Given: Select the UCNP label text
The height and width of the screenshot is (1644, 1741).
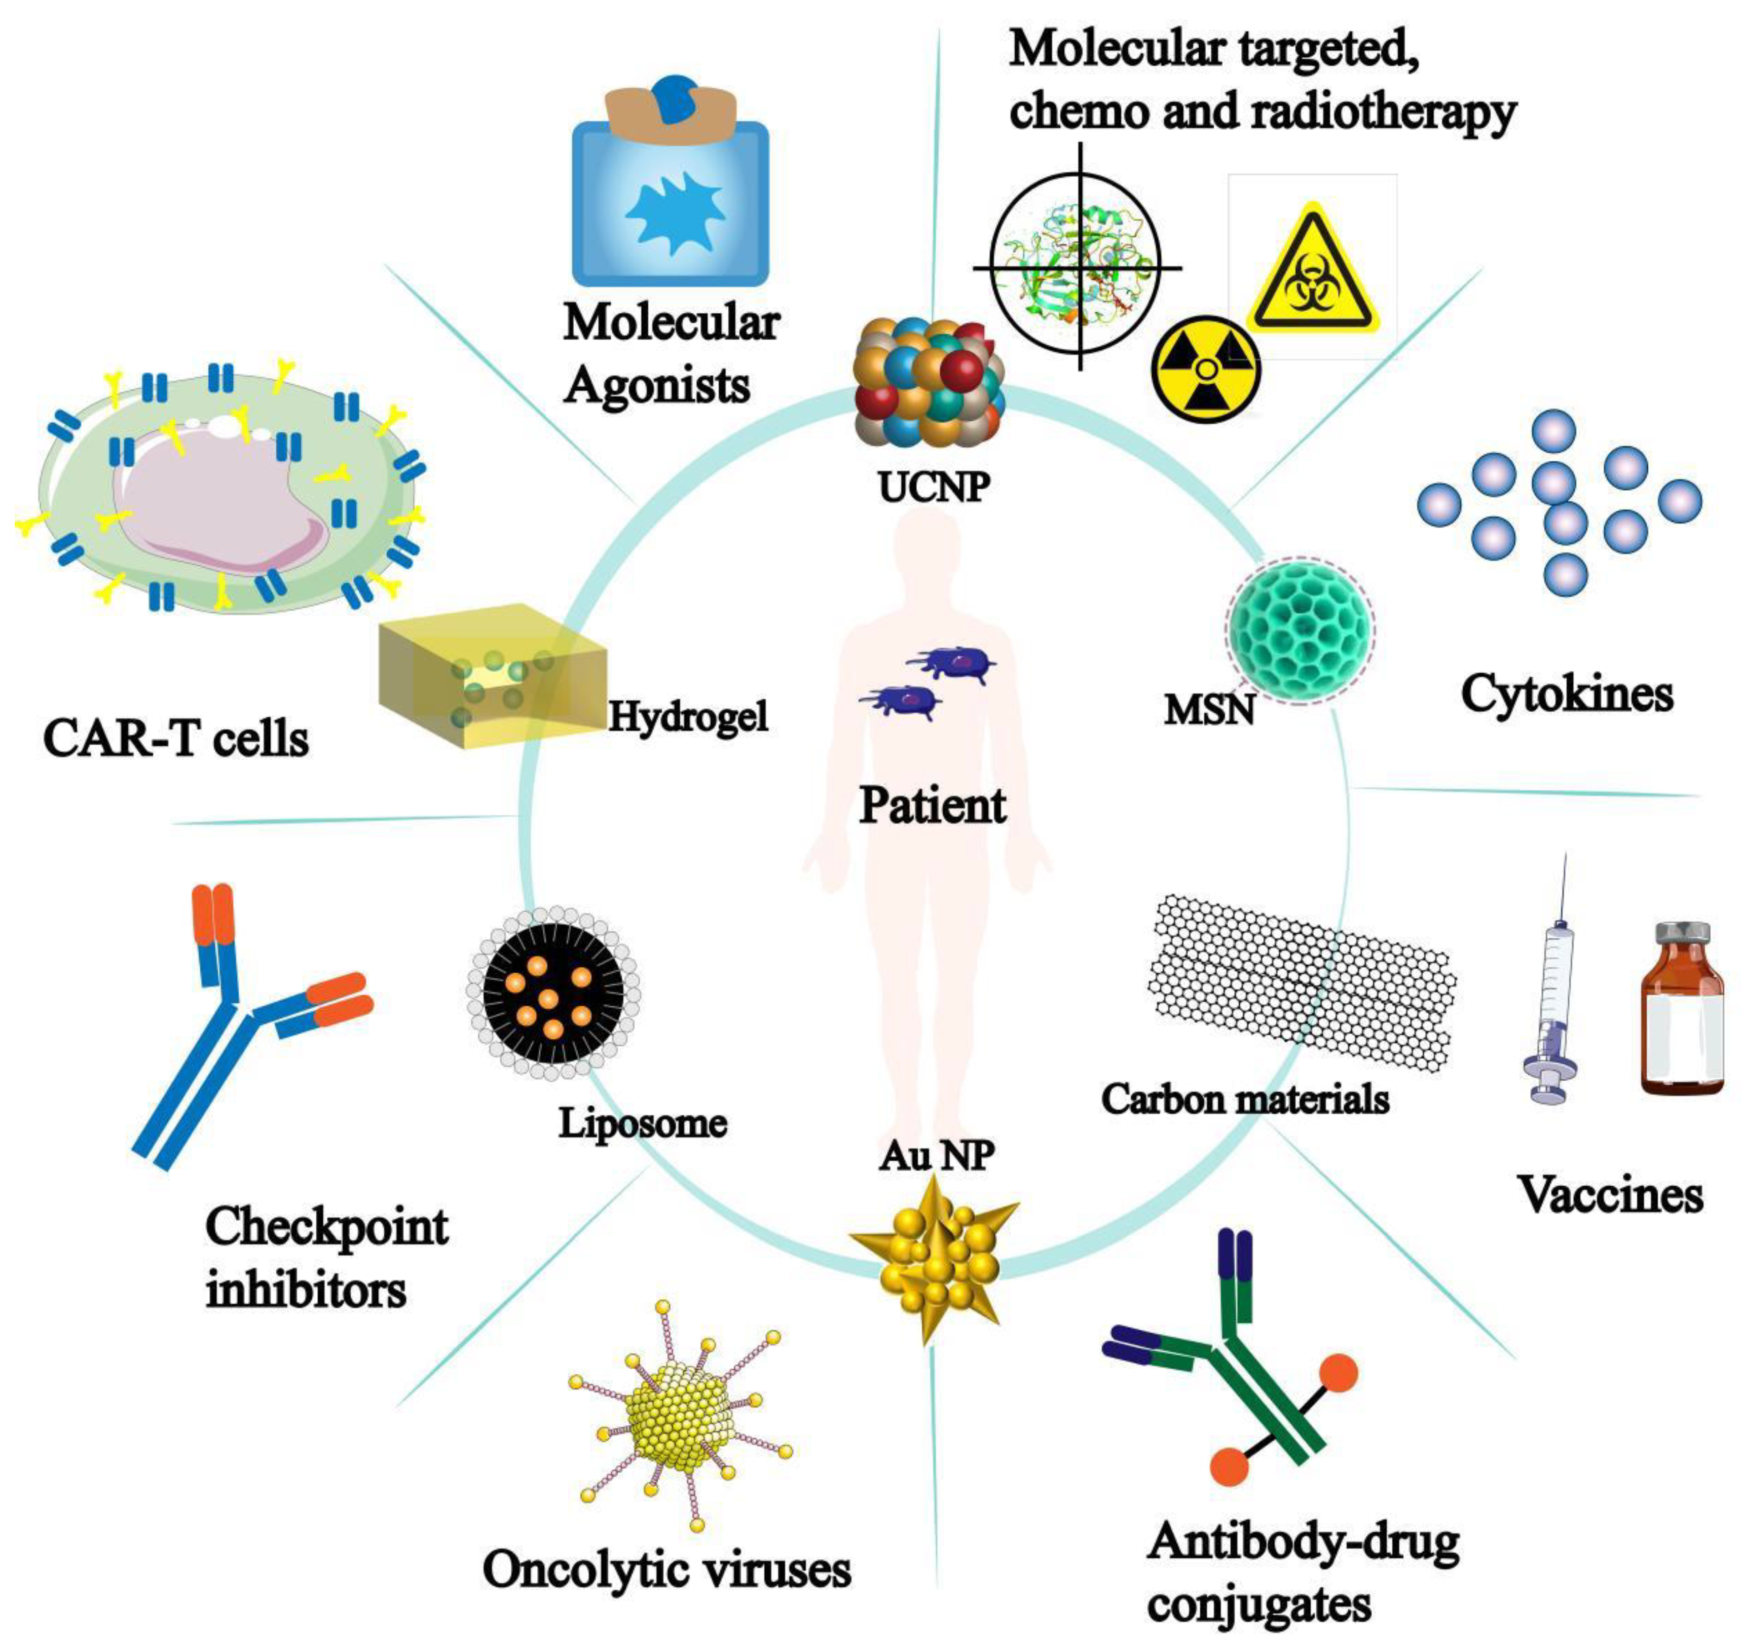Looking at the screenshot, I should pyautogui.click(x=934, y=486).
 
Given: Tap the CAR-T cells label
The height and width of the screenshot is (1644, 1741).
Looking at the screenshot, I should pyautogui.click(x=176, y=739).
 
